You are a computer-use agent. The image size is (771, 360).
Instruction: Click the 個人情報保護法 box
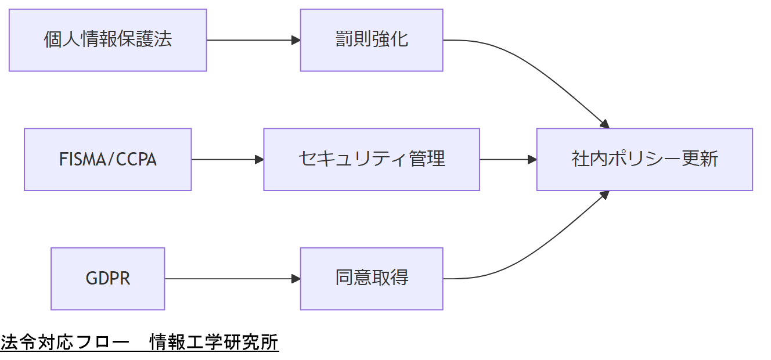click(108, 40)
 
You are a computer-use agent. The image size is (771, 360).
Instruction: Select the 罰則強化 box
click(372, 40)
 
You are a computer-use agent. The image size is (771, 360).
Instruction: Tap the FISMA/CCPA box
click(108, 159)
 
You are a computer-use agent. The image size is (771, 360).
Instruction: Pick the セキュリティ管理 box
click(372, 159)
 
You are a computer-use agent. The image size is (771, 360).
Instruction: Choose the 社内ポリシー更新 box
click(644, 159)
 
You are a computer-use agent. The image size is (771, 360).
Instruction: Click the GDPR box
click(108, 279)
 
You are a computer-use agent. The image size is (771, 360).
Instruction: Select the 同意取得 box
click(372, 279)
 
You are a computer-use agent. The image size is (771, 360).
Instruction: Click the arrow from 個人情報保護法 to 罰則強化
click(253, 40)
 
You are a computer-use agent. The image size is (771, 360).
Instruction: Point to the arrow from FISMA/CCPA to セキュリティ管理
click(226, 159)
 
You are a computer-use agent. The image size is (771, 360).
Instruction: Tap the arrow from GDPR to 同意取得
click(232, 279)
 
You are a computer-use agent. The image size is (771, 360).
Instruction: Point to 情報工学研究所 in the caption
click(214, 343)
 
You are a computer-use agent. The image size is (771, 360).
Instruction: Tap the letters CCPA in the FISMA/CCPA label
click(136, 159)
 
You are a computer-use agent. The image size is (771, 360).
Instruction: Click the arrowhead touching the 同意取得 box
click(296, 279)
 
